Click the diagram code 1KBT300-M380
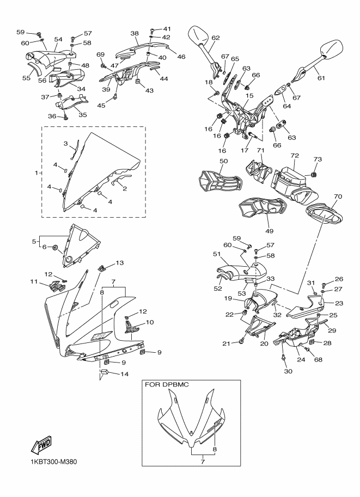click(x=54, y=463)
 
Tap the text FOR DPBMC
click(x=167, y=385)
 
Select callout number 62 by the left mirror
click(x=216, y=38)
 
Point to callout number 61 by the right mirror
click(x=321, y=78)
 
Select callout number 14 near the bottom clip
click(x=124, y=374)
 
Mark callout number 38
click(x=135, y=33)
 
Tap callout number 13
click(x=119, y=263)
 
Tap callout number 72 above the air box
click(x=295, y=156)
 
